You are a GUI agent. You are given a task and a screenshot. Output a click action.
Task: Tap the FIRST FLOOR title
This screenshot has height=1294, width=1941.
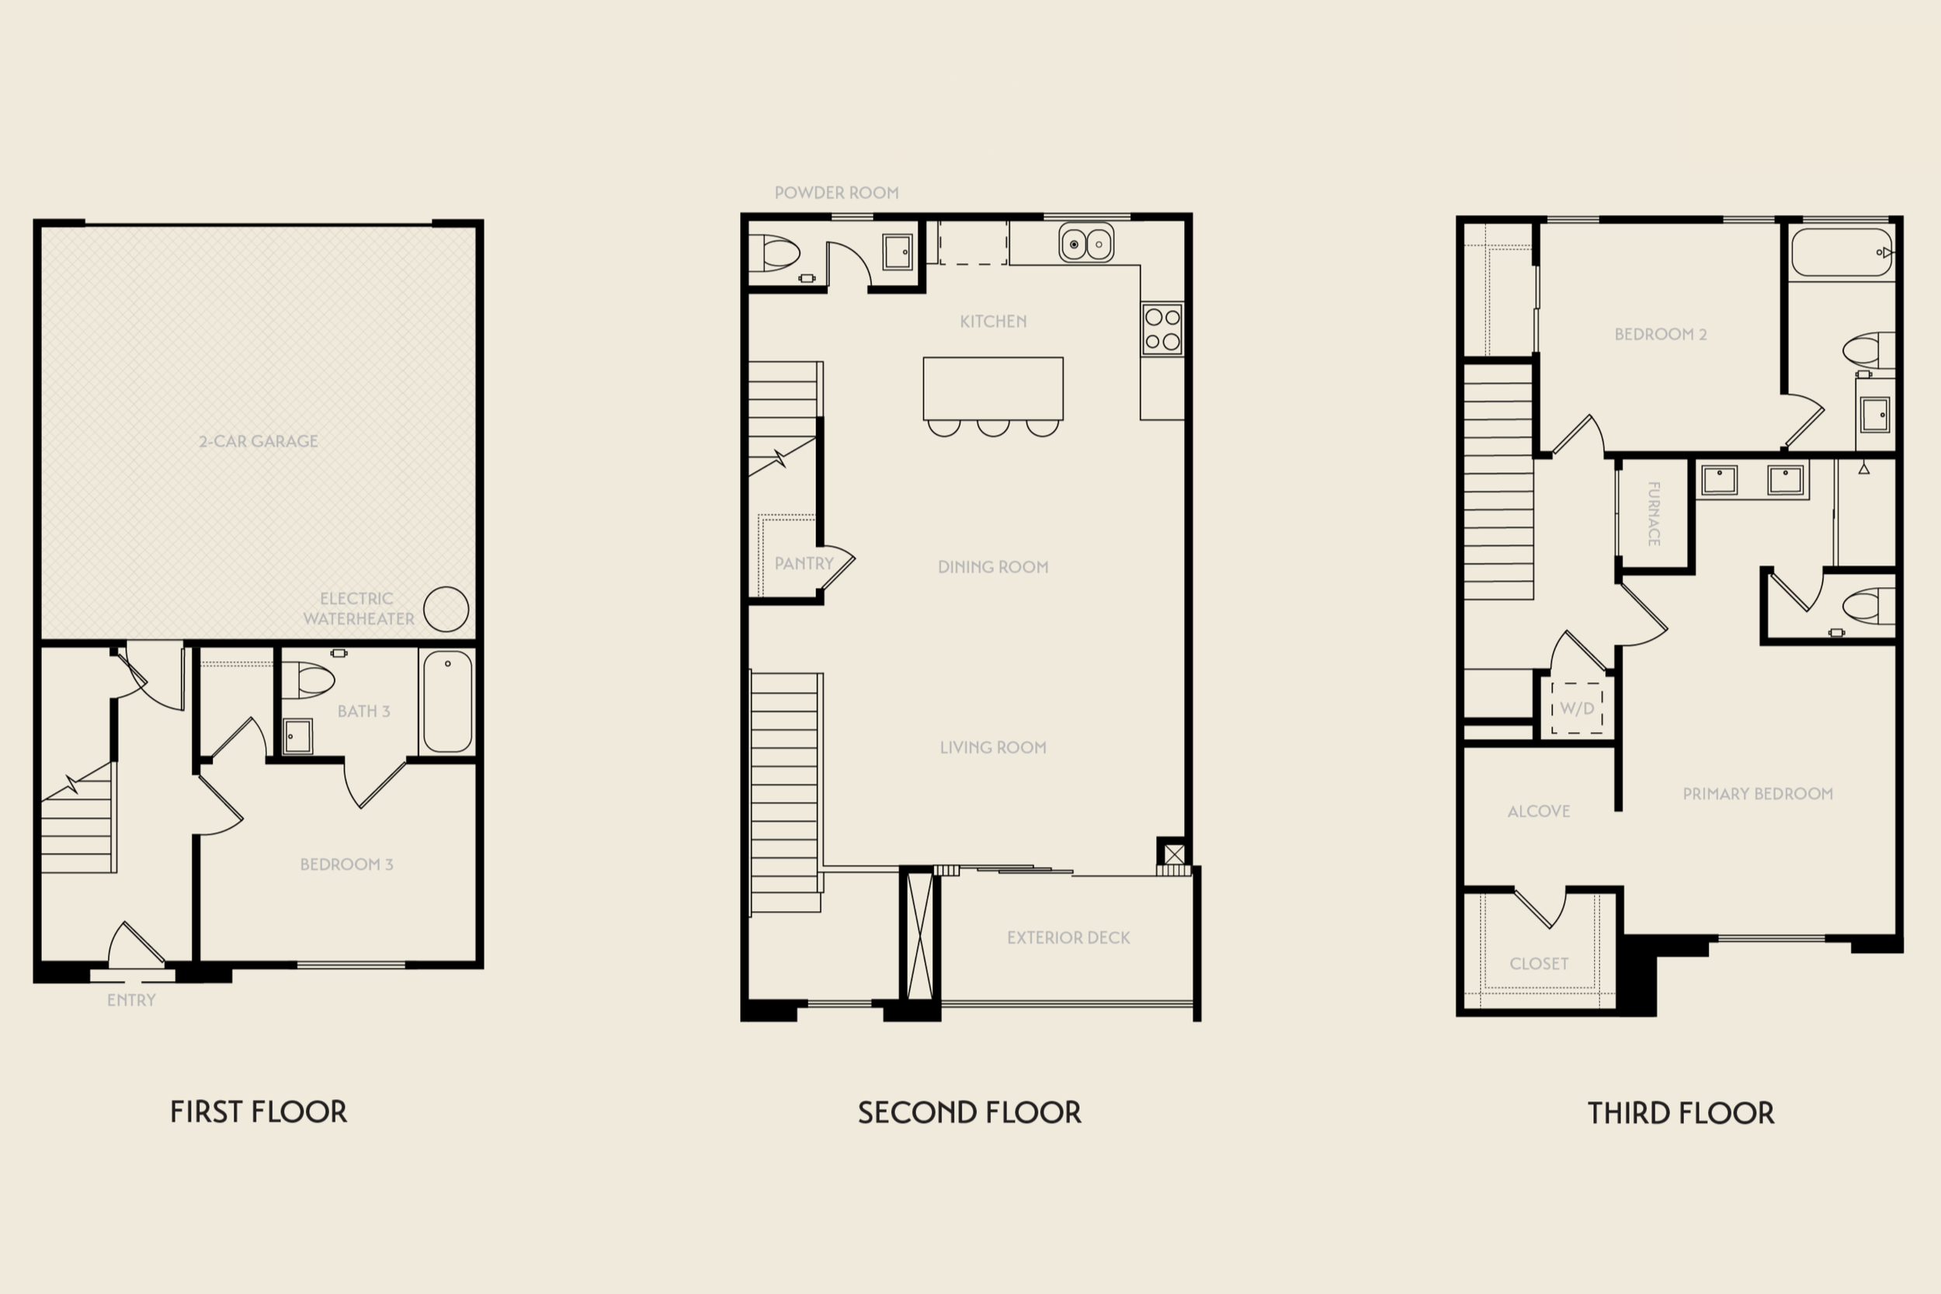[259, 1111]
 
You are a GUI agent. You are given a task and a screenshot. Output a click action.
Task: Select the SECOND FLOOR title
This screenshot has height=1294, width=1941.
[969, 1112]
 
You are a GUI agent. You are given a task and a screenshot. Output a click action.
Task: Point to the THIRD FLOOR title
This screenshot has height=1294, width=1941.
[1681, 1113]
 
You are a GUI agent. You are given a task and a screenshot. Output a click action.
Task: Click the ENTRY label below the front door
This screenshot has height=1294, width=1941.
[131, 1000]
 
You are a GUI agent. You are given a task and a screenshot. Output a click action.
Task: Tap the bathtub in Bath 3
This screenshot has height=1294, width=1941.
[447, 701]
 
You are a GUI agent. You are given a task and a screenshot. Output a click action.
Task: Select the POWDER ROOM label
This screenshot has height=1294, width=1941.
[836, 193]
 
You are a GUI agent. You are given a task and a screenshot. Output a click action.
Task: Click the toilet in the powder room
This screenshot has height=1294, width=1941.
[775, 252]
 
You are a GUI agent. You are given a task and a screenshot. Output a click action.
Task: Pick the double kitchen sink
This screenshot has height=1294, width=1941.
[1086, 243]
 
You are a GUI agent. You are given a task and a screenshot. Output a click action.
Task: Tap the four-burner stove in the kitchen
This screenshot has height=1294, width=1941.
[1162, 329]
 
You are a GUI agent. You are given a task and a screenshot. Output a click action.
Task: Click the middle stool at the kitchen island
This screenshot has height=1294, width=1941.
[993, 427]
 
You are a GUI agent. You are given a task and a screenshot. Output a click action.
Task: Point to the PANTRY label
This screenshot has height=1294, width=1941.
[804, 563]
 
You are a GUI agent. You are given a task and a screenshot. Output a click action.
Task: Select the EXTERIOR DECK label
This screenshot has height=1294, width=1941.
[1068, 937]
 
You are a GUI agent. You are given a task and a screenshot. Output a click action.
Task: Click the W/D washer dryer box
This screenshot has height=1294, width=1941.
[1577, 708]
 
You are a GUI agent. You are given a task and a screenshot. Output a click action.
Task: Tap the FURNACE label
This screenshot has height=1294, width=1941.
[1654, 513]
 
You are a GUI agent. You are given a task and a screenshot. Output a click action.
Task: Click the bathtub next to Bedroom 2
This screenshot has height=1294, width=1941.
[1841, 253]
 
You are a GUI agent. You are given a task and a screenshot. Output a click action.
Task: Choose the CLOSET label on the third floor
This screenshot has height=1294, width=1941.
[1540, 963]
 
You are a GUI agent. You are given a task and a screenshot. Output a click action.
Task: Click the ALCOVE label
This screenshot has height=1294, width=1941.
[1539, 811]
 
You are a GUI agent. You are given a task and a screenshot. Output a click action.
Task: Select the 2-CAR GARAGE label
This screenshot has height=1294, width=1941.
[259, 441]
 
